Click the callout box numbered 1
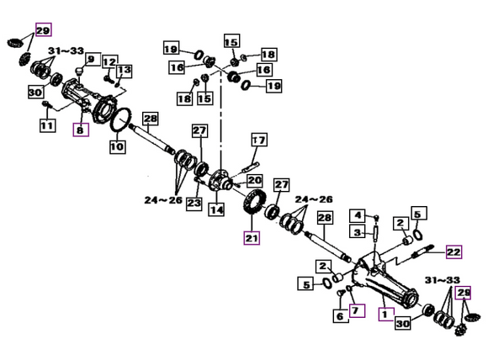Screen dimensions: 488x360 386,314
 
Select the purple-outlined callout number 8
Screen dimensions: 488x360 81,130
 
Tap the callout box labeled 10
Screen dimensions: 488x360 118,146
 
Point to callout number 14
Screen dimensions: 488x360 216,209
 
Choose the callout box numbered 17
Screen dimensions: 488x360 259,140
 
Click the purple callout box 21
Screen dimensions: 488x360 252,238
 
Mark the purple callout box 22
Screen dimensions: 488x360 454,251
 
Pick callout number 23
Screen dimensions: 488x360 194,204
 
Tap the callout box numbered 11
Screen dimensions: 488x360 48,125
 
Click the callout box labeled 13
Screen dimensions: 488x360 124,71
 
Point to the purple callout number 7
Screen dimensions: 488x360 357,310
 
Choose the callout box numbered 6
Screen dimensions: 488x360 341,316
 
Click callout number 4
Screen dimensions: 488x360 358,215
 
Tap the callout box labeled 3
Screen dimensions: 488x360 358,232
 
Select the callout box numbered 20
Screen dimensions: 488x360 255,180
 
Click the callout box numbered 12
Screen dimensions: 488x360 110,62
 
